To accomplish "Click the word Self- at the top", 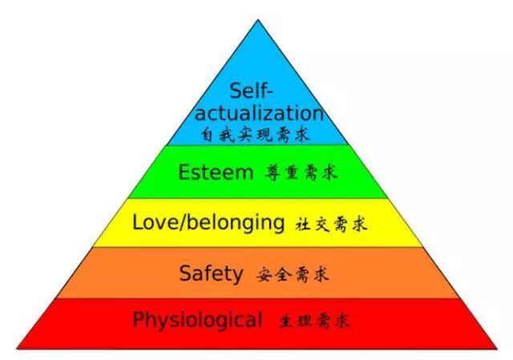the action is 252,90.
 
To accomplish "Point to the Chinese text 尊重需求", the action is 303,173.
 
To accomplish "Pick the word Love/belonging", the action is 208,222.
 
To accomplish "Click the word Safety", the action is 212,273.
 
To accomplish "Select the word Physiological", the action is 197,321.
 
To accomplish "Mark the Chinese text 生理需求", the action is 314,322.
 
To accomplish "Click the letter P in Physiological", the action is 139,320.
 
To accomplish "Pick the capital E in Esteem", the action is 184,172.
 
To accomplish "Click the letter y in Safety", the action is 237,276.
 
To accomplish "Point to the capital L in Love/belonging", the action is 137,221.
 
